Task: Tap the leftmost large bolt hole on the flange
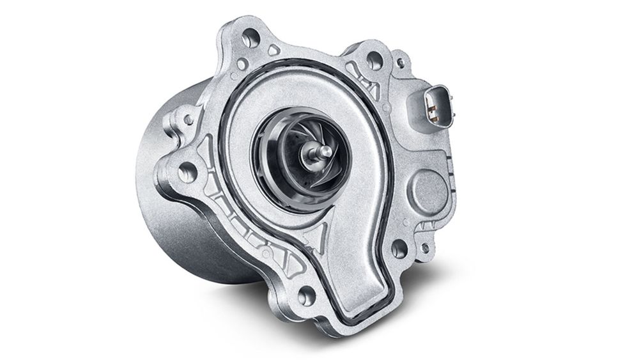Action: pos(186,171)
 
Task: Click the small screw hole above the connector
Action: pos(401,62)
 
